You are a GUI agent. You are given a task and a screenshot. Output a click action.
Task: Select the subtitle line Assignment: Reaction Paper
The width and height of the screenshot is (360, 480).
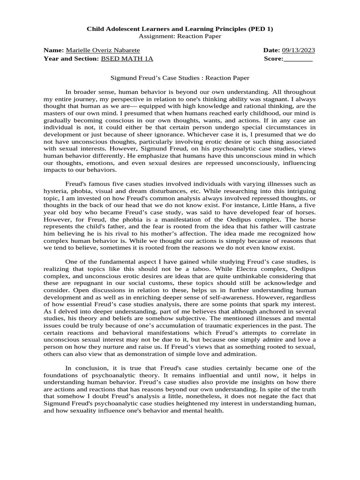(180, 37)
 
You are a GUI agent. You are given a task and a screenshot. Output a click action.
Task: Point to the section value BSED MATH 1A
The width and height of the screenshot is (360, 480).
(127, 59)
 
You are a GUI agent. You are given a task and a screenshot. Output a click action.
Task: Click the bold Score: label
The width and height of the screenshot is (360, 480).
(274, 59)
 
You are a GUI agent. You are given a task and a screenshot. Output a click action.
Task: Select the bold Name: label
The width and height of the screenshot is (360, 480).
(54, 50)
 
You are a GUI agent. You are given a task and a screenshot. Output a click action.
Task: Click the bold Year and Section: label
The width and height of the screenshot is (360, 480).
(71, 59)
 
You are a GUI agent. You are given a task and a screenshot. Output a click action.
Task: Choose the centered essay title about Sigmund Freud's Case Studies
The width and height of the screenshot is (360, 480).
(180, 78)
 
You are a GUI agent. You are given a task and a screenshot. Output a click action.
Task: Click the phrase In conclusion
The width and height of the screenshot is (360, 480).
(83, 368)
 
